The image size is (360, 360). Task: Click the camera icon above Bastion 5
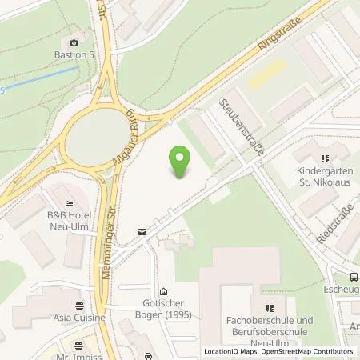(x=74, y=42)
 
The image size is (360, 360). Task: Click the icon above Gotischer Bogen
(x=163, y=291)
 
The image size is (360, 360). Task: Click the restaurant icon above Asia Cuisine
(x=79, y=305)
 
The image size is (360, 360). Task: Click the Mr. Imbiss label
(x=77, y=355)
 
